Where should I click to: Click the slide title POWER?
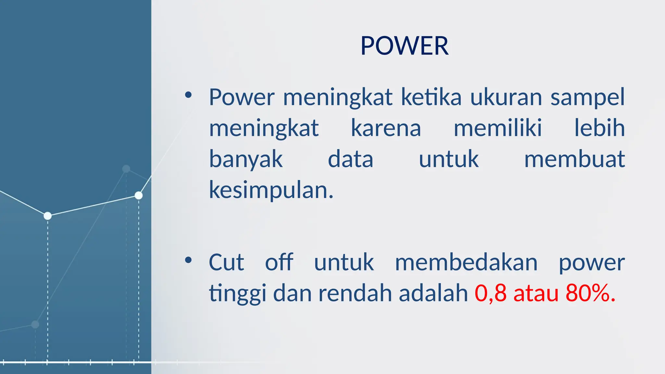click(x=404, y=46)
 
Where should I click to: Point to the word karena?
click(x=386, y=128)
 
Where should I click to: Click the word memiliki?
click(x=497, y=128)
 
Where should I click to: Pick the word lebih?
click(x=599, y=128)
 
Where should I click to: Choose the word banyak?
click(x=246, y=159)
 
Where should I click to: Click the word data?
click(x=350, y=159)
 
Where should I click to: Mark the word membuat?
click(x=574, y=159)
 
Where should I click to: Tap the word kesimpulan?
click(x=271, y=190)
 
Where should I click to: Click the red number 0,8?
click(x=490, y=293)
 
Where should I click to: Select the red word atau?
click(x=536, y=293)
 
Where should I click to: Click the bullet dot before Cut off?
click(x=188, y=260)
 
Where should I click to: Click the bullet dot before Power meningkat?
click(x=188, y=95)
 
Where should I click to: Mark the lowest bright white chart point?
click(x=48, y=216)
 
